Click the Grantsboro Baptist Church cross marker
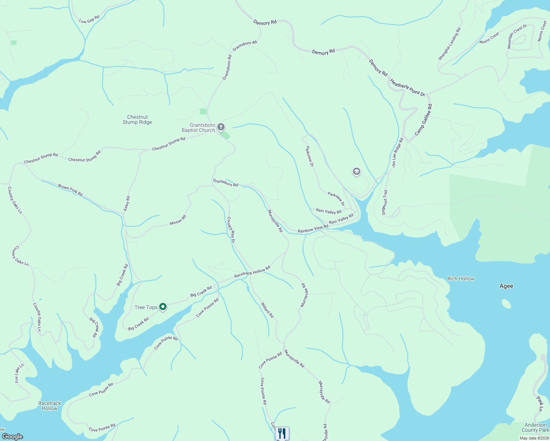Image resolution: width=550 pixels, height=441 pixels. (221, 128)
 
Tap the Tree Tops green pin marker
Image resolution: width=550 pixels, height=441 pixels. (163, 307)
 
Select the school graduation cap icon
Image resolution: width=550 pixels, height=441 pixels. (356, 172)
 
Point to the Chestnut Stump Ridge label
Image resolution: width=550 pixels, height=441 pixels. (137, 120)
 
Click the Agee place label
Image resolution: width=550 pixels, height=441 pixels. (506, 286)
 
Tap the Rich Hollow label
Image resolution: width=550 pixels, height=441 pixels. (461, 279)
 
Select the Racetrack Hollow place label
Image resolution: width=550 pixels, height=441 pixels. (50, 406)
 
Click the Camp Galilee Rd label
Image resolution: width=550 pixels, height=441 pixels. (423, 120)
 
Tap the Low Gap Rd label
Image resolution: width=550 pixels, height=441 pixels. (89, 19)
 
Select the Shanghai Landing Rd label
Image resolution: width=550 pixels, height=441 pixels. (449, 44)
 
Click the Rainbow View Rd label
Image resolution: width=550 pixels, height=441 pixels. (313, 229)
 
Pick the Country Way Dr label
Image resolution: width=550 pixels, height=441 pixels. (231, 230)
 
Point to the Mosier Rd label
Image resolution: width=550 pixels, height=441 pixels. (178, 220)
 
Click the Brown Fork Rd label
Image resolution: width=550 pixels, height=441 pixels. (70, 190)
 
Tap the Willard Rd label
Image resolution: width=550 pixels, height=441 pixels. (267, 310)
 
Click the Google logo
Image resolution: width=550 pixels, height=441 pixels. (12, 436)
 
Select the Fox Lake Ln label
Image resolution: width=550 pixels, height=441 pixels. (19, 373)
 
